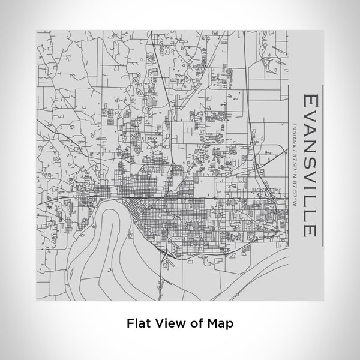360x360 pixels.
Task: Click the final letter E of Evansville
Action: tap(311, 230)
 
